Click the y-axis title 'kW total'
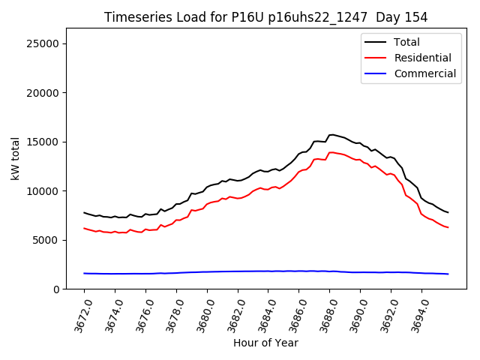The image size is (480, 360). [16, 159]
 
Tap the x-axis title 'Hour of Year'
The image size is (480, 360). [265, 343]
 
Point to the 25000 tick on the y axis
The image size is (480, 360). [44, 43]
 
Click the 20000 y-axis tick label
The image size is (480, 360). [44, 93]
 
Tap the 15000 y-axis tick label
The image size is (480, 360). [44, 142]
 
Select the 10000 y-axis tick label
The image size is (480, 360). [44, 191]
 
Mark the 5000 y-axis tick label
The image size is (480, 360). [47, 240]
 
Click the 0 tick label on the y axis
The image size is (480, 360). [56, 289]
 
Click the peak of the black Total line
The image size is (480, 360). [331, 134]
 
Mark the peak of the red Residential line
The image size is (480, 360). [331, 152]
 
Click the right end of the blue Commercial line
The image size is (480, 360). [448, 274]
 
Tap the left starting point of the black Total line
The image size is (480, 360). [84, 212]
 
